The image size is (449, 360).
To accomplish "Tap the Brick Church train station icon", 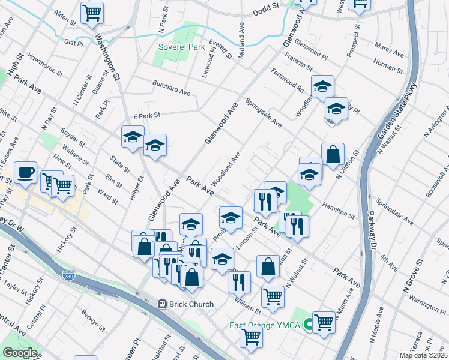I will [162, 304].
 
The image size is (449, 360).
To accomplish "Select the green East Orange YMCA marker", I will [308, 325].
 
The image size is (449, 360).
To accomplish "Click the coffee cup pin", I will [26, 172].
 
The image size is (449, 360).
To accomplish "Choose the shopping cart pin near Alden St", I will [92, 11].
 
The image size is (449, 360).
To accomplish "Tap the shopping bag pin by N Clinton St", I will [333, 154].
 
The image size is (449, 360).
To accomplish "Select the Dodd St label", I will [267, 8].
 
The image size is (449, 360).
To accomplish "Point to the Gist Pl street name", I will [73, 43].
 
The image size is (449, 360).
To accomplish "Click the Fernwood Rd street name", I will [288, 81].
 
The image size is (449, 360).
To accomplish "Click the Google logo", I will [20, 353].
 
